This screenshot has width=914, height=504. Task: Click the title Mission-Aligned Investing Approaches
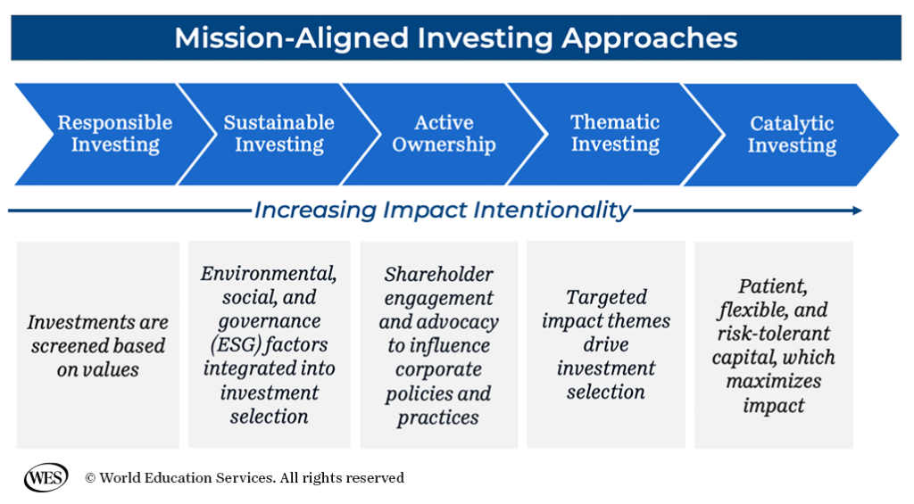455,37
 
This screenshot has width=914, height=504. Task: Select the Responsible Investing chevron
114,134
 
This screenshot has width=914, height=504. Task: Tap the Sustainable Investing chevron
278,134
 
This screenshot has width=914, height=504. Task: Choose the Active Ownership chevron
444,134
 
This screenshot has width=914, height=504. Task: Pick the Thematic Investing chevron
615,134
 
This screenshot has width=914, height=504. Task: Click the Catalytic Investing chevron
791,135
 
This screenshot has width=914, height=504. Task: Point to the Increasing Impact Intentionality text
442,210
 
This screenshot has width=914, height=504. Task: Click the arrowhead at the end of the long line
857,211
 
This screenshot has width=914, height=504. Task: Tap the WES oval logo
46,478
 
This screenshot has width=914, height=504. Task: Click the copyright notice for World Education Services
244,478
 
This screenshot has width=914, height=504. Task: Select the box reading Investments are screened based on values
97,345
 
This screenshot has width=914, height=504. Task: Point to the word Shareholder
438,274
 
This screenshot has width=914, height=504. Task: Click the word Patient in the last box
773,286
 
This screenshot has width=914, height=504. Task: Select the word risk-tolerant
773,334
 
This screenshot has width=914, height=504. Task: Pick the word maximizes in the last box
773,381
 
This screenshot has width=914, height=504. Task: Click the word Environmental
269,273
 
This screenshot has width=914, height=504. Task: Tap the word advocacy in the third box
457,321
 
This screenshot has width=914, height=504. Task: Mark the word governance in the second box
269,320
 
